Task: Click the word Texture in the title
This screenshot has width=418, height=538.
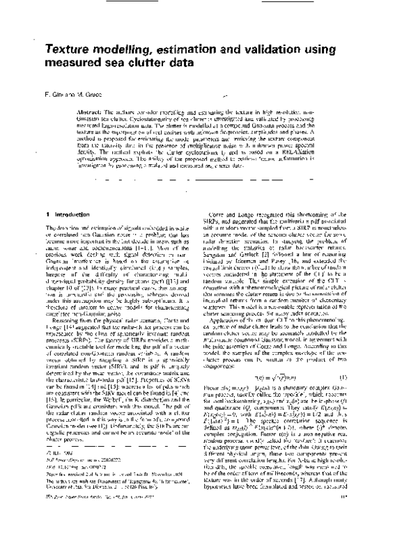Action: click(68, 50)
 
